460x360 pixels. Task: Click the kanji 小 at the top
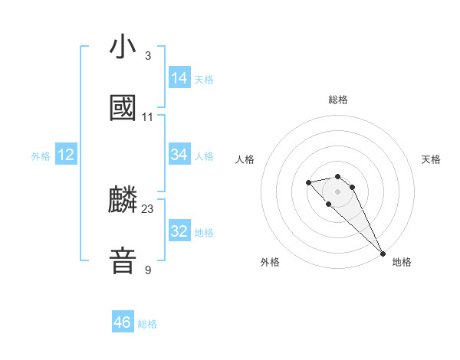click(123, 47)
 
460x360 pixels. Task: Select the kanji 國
click(123, 108)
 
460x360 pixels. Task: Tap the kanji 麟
click(123, 201)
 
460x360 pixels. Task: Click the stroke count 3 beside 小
click(147, 56)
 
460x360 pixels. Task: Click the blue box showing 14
click(179, 78)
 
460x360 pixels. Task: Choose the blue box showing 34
click(179, 155)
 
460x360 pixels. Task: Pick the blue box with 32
click(179, 231)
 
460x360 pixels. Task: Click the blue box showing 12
click(66, 155)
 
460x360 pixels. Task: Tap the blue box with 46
click(123, 322)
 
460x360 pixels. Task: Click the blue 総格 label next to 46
click(147, 324)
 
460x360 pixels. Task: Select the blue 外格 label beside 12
click(41, 156)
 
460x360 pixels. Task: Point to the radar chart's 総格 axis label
click(338, 100)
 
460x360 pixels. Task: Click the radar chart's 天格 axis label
click(431, 159)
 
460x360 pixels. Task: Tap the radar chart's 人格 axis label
click(245, 159)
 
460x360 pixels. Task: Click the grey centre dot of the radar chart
click(338, 191)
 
